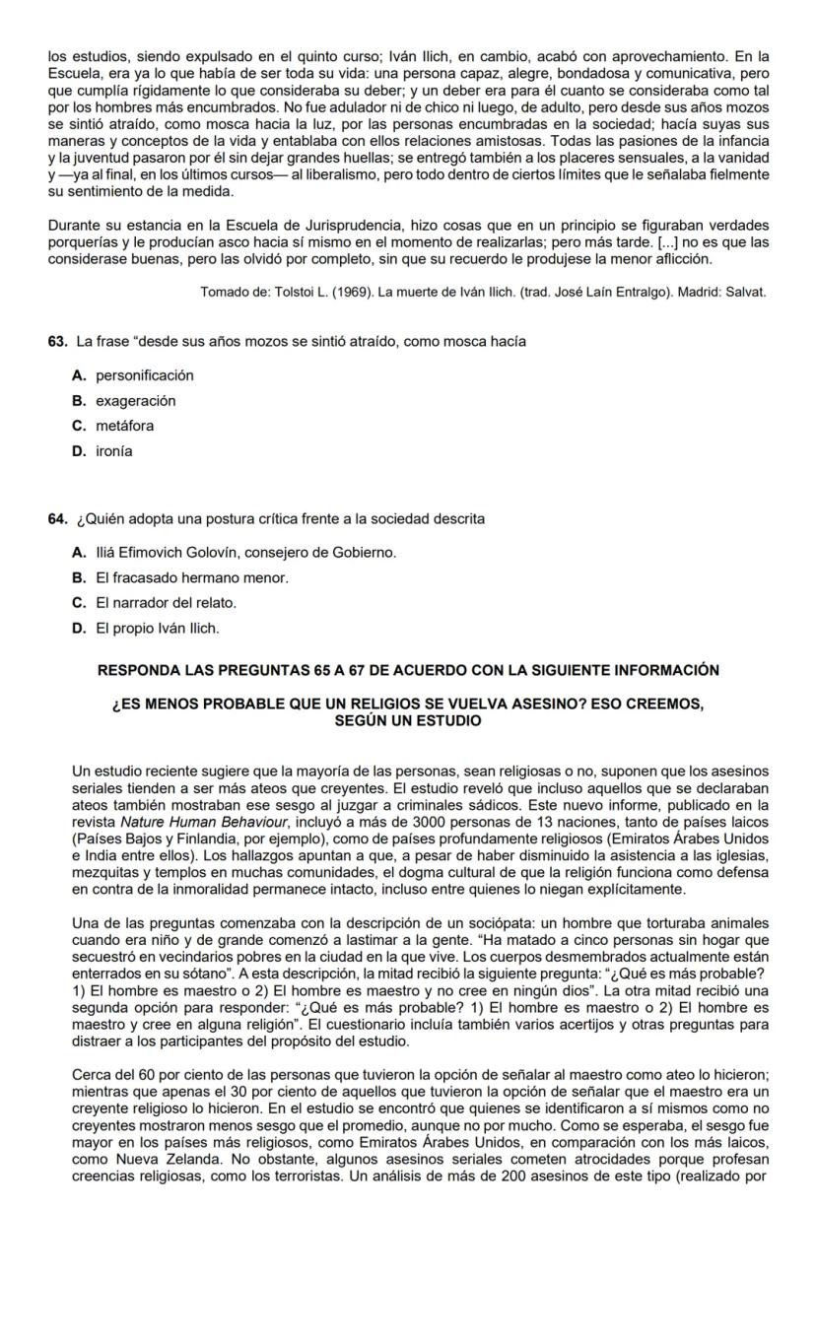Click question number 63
[x=57, y=341]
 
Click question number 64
[x=57, y=518]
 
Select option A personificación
[x=144, y=375]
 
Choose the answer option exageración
[x=135, y=401]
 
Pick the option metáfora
[x=124, y=426]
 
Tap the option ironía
[x=113, y=451]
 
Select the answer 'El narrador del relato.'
[x=166, y=602]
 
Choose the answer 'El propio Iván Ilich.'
[x=157, y=628]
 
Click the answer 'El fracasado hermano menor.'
[x=191, y=577]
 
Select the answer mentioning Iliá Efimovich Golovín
[x=245, y=552]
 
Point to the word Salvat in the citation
[x=746, y=292]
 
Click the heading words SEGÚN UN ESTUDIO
[x=408, y=720]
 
